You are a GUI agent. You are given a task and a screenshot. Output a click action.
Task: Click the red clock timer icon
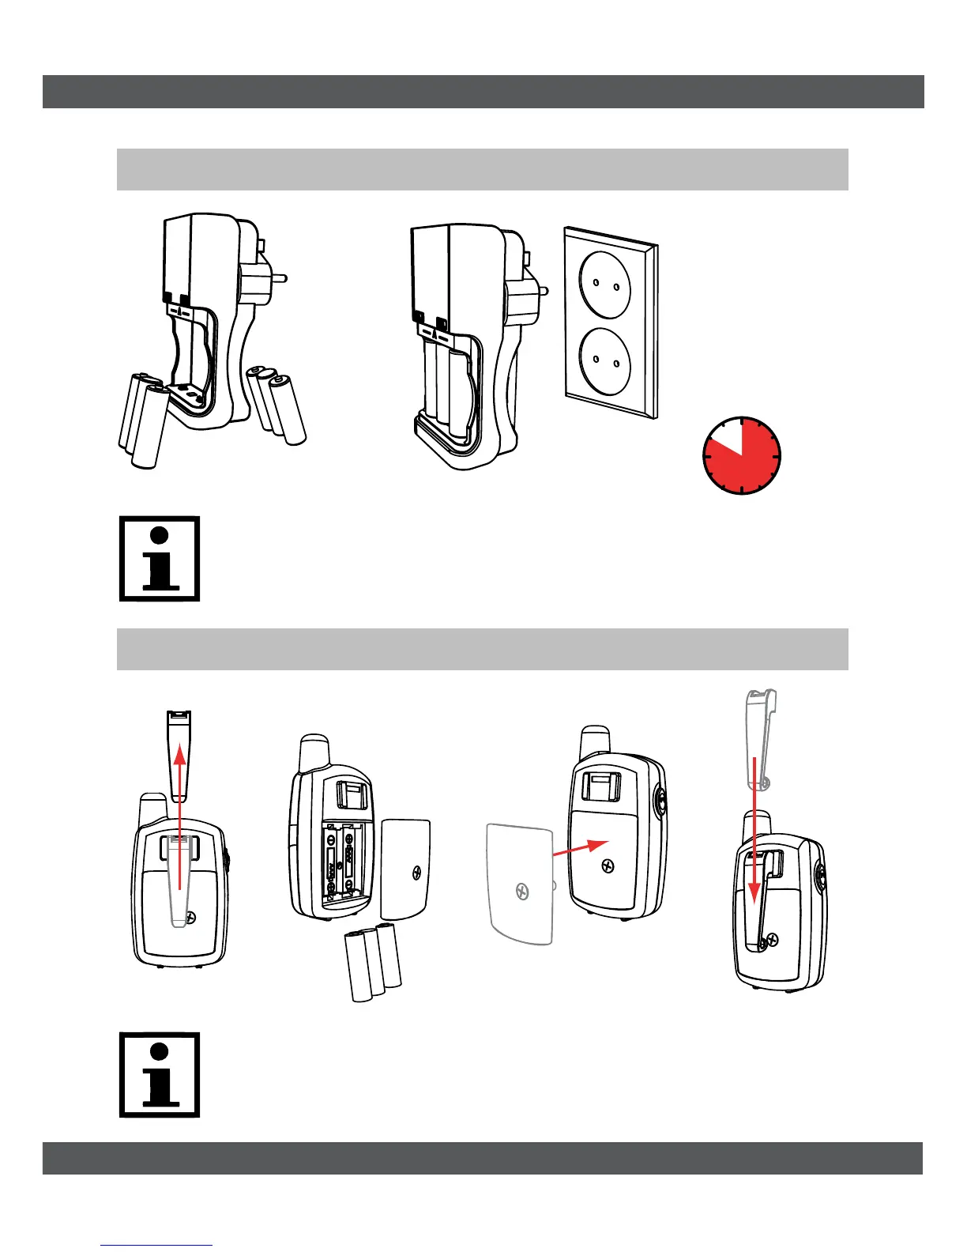pos(742,456)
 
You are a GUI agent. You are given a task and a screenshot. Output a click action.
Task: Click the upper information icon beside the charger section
pos(160,559)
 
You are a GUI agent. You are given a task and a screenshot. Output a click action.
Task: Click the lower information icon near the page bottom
pos(160,1074)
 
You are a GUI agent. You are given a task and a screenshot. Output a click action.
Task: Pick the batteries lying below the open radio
pos(373,962)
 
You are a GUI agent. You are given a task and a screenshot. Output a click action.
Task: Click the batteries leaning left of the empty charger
pos(145,419)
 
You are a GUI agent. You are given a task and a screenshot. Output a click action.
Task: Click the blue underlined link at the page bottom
pos(156,1246)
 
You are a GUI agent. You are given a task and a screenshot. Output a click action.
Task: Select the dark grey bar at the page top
pos(483,92)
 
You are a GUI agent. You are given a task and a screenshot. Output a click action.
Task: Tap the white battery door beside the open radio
pos(406,869)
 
